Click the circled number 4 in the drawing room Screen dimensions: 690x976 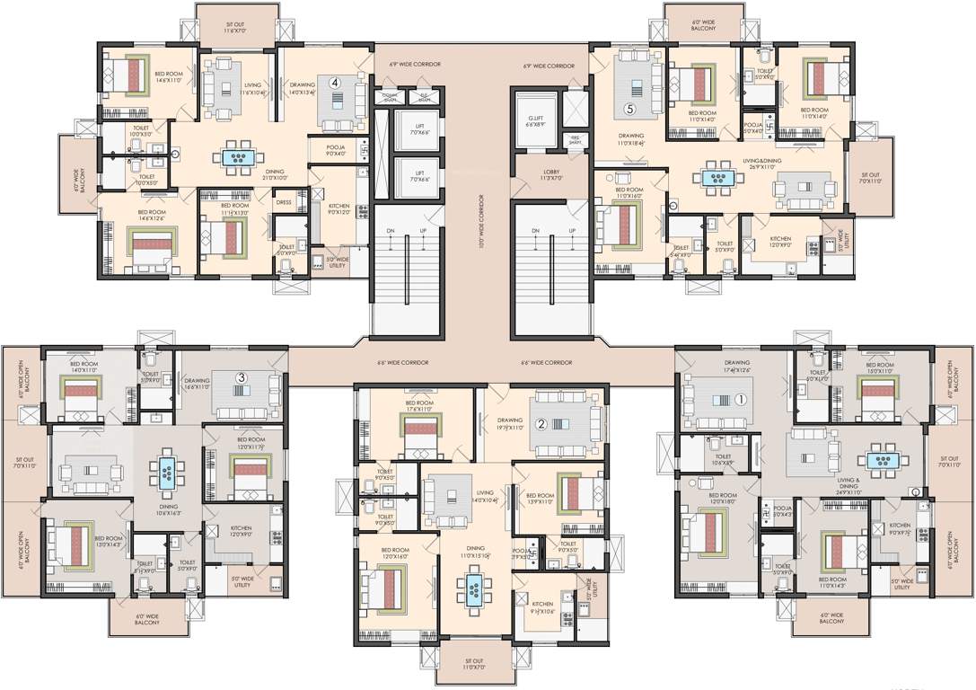click(x=335, y=82)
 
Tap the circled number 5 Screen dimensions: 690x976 click(x=630, y=110)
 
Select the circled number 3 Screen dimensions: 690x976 click(x=241, y=378)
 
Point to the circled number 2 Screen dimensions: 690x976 click(x=542, y=424)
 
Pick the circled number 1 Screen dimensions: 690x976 click(x=741, y=399)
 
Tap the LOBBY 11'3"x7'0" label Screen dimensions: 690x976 click(x=552, y=174)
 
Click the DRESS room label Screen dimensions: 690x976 click(x=285, y=203)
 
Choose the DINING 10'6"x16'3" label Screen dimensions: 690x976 click(x=168, y=509)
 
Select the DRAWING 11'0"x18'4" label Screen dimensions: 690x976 click(x=631, y=139)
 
